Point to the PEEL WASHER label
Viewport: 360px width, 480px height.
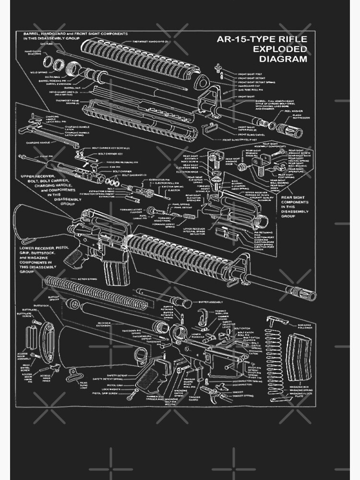click(294, 110)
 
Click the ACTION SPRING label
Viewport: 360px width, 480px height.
click(82, 279)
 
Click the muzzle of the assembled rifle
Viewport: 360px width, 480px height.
click(312, 295)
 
